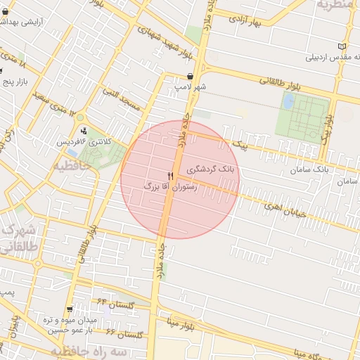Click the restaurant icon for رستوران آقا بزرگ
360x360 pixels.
[x=170, y=175]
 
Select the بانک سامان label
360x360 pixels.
[x=309, y=170]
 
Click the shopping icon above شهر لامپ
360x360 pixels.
[x=191, y=76]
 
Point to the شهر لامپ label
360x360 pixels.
[x=191, y=86]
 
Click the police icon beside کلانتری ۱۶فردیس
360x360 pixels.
[x=85, y=130]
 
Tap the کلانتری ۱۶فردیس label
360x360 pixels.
[x=84, y=142]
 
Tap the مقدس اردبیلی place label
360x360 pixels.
[x=328, y=56]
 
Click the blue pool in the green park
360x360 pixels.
[x=288, y=101]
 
